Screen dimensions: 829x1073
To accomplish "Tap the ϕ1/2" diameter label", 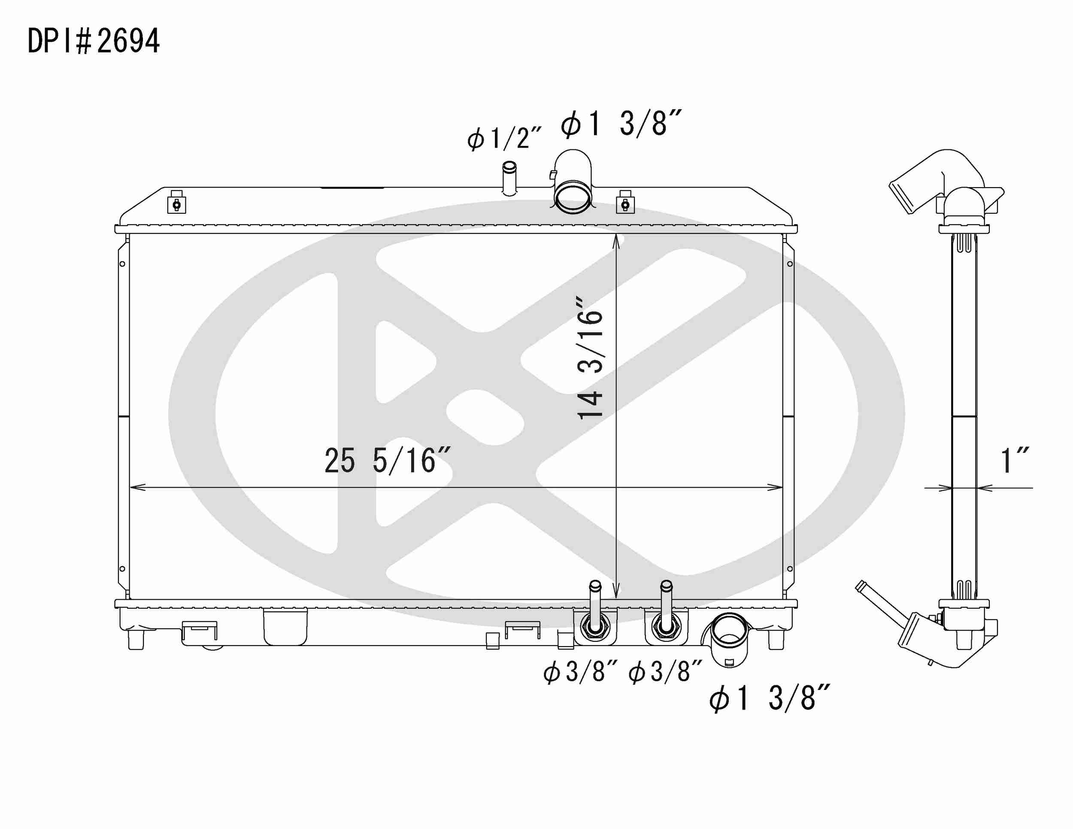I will pos(503,137).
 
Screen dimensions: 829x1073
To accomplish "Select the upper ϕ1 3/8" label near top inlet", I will pos(621,123).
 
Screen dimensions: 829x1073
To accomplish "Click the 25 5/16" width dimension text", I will pos(387,461).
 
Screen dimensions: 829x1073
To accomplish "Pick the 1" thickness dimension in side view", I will pos(1014,461).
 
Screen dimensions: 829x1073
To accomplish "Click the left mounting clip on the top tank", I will pos(177,203).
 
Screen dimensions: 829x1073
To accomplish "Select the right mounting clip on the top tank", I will pos(625,203).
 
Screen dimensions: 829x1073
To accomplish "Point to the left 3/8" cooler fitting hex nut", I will pos(595,628).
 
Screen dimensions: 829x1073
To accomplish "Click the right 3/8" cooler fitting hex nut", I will pos(666,627).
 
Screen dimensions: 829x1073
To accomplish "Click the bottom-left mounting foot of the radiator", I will pos(136,640).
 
